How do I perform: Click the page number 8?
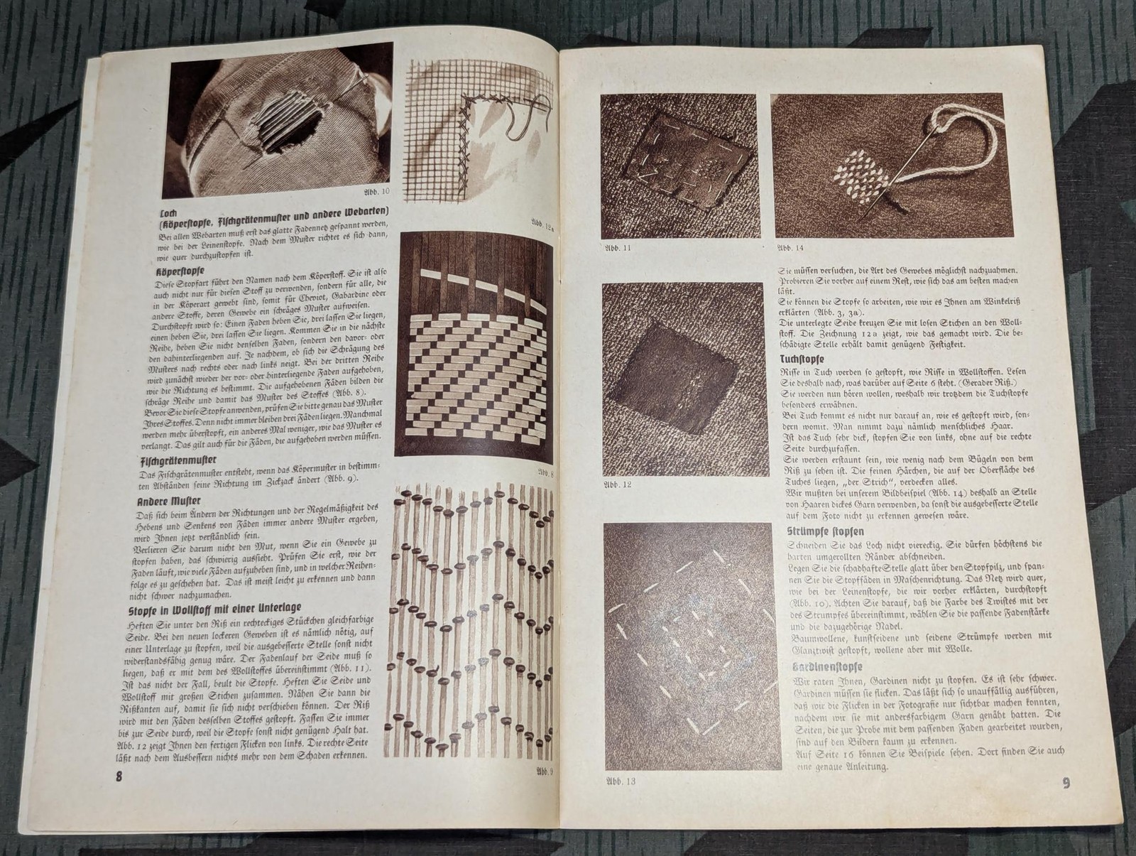(x=119, y=776)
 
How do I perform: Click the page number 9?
(x=1066, y=784)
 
